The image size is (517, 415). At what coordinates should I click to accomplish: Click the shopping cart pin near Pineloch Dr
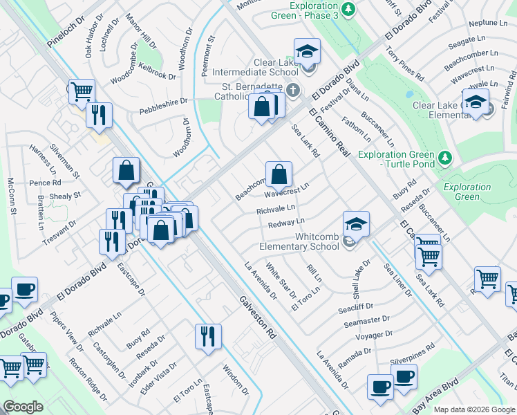click(82, 91)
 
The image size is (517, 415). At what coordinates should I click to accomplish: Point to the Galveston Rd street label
click(258, 317)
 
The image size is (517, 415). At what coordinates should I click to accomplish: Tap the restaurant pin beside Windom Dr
click(208, 337)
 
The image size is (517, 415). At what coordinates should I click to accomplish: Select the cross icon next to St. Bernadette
click(293, 90)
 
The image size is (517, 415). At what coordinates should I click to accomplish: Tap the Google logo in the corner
click(23, 406)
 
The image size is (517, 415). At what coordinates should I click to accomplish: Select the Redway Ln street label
click(286, 222)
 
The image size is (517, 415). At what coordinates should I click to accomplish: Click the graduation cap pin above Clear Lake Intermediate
click(307, 50)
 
